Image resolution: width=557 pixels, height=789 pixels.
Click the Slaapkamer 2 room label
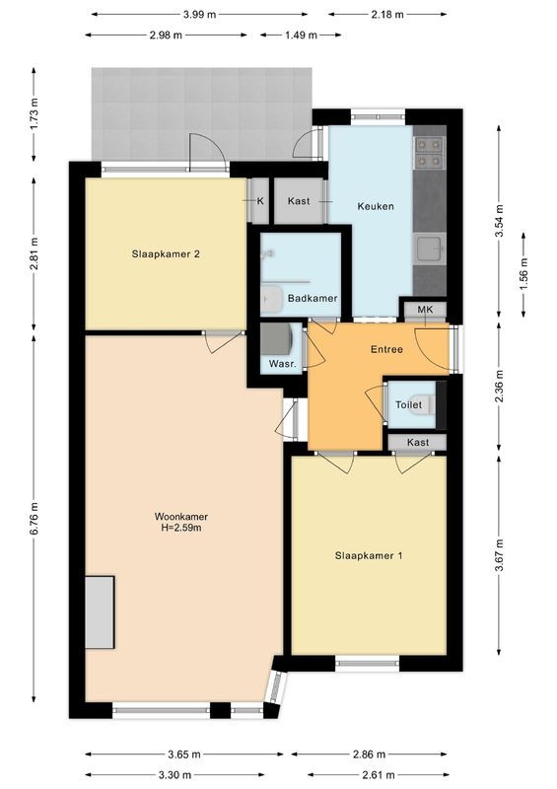(166, 253)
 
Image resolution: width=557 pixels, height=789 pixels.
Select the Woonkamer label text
(180, 522)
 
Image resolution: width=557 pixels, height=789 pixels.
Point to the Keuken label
(376, 206)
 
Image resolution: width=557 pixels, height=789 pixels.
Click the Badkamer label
(313, 298)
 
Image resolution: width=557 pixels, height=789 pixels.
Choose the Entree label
(385, 350)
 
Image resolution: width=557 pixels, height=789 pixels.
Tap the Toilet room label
(408, 405)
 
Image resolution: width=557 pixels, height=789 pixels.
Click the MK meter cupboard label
(425, 310)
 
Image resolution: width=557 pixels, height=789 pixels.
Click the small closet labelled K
(260, 201)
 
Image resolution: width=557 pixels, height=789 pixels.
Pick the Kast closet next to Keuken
(299, 201)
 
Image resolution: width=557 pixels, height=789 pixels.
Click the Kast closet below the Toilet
(418, 442)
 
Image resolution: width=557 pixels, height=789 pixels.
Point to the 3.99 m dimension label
(201, 14)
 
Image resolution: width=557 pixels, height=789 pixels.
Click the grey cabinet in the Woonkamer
(99, 612)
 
